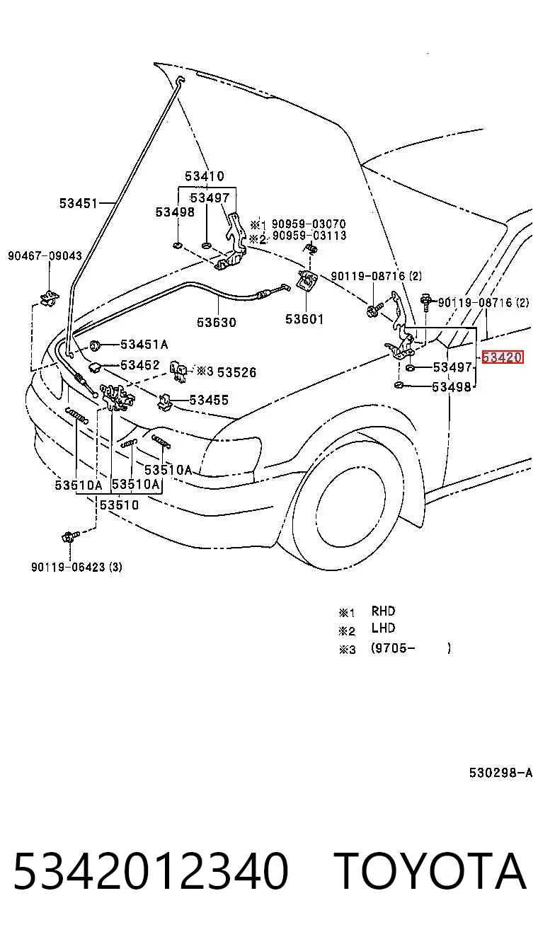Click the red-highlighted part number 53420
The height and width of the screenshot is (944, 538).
(x=502, y=357)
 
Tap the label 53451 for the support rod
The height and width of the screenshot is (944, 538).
(x=79, y=203)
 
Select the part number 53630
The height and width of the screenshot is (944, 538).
(x=217, y=323)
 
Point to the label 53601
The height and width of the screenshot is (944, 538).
(x=304, y=319)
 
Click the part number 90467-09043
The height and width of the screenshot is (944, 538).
(x=45, y=255)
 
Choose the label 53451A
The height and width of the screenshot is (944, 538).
(x=144, y=345)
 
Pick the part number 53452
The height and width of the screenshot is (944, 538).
(x=140, y=364)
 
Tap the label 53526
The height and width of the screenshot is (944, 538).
(x=236, y=372)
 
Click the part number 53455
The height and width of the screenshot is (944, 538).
(x=209, y=400)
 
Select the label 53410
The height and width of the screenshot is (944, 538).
(x=205, y=175)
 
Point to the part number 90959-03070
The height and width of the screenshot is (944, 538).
(x=309, y=224)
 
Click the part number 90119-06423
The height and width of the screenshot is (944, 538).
(x=68, y=567)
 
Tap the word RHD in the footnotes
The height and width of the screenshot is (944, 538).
(x=383, y=611)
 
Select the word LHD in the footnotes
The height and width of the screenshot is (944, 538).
(x=383, y=628)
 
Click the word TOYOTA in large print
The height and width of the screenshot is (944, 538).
(x=431, y=870)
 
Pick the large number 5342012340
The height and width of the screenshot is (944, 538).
(x=151, y=870)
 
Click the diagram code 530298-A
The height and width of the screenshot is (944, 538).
(x=501, y=773)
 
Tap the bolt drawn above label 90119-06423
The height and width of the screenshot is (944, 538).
(x=69, y=536)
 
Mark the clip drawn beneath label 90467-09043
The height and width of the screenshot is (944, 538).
(x=50, y=297)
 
